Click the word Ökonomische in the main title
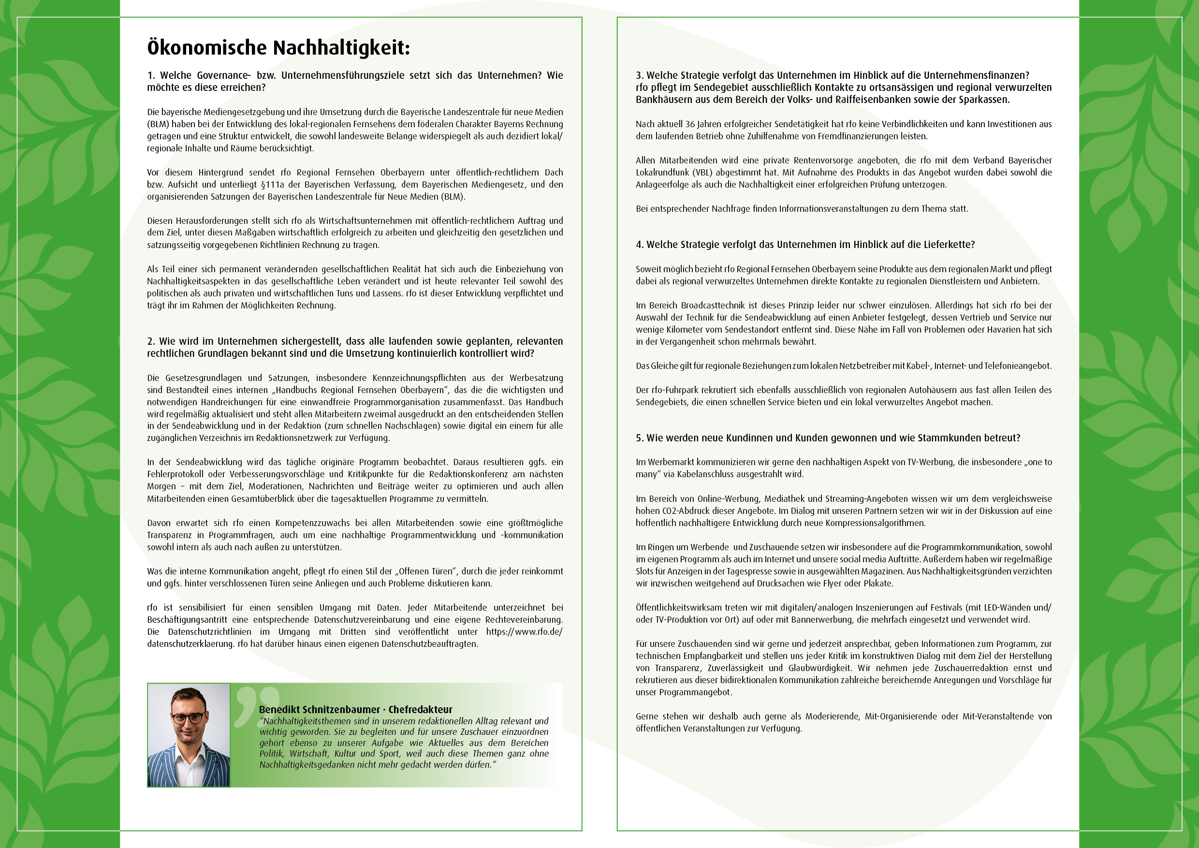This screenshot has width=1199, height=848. coord(207,47)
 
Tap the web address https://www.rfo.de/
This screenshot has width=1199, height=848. coord(524,632)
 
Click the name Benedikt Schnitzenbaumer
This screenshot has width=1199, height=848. coord(319,709)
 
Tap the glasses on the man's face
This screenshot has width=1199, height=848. coord(189,718)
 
